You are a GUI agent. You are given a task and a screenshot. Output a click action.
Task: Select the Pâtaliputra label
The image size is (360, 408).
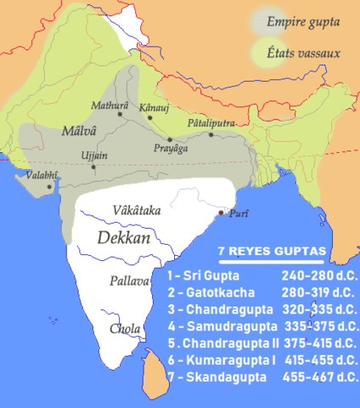tap(210, 123)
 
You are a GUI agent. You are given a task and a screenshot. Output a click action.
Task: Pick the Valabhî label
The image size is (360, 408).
tap(37, 174)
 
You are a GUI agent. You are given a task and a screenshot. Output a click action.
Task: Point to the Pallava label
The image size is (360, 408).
tap(129, 280)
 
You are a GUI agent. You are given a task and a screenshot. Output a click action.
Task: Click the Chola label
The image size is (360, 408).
tap(124, 328)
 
